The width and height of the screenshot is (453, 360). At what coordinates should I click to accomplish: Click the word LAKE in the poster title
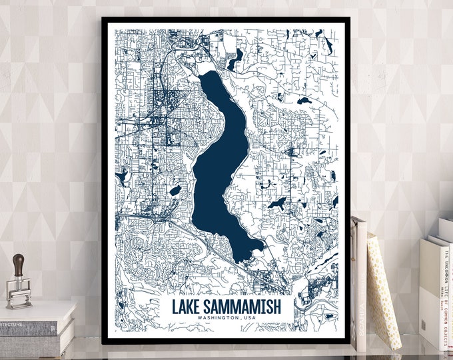tap(188, 308)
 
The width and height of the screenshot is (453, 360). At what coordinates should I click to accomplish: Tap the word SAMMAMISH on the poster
tap(243, 308)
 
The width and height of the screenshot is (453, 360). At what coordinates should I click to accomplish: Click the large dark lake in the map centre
tap(221, 167)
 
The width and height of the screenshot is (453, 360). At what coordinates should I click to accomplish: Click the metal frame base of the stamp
tap(19, 293)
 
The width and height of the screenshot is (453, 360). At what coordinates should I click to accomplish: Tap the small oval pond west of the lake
tap(175, 191)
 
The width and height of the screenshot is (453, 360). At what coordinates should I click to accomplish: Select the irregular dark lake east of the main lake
tap(276, 203)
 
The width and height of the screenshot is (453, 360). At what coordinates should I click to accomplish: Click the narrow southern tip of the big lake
tap(256, 250)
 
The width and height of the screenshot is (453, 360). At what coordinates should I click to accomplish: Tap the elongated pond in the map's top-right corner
tap(328, 45)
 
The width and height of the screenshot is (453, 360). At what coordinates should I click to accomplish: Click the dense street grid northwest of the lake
tap(160, 107)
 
